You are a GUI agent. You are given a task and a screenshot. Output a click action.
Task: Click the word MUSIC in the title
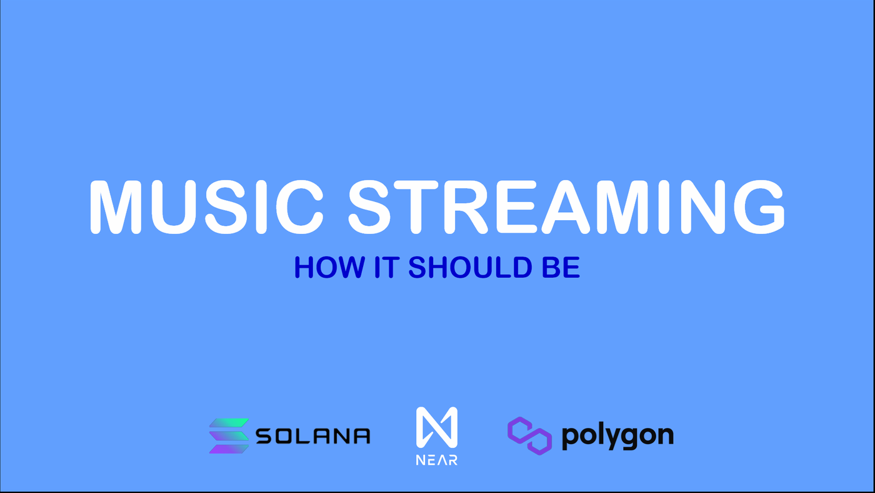pos(207,207)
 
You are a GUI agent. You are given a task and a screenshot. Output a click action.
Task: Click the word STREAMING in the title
pos(566,207)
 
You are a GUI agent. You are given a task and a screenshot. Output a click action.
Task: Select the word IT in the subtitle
pos(387,267)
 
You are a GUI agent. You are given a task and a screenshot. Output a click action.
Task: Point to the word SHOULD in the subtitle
pos(470,267)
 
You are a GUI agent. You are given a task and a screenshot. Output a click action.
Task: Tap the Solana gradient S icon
pos(229,436)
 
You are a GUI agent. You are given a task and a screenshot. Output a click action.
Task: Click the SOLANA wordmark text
pos(313,436)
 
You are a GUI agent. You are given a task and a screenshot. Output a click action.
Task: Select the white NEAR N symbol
pos(437,427)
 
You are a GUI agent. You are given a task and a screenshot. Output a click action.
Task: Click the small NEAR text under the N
pos(437,460)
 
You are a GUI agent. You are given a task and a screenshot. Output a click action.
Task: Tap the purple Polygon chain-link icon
pos(530,436)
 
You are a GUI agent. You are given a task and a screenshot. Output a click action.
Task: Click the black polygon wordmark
pos(617,437)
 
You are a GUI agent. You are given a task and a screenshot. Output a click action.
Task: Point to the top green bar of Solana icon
pos(229,423)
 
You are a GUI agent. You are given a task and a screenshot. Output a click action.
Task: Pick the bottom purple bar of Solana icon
pos(229,449)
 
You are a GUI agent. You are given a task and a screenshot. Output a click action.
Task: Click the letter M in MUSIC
pos(116,207)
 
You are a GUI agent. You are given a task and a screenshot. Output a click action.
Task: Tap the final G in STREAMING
pos(759,207)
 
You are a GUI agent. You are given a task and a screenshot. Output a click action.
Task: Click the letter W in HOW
pos(348,267)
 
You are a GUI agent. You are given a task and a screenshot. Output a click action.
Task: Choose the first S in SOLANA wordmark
pos(265,436)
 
